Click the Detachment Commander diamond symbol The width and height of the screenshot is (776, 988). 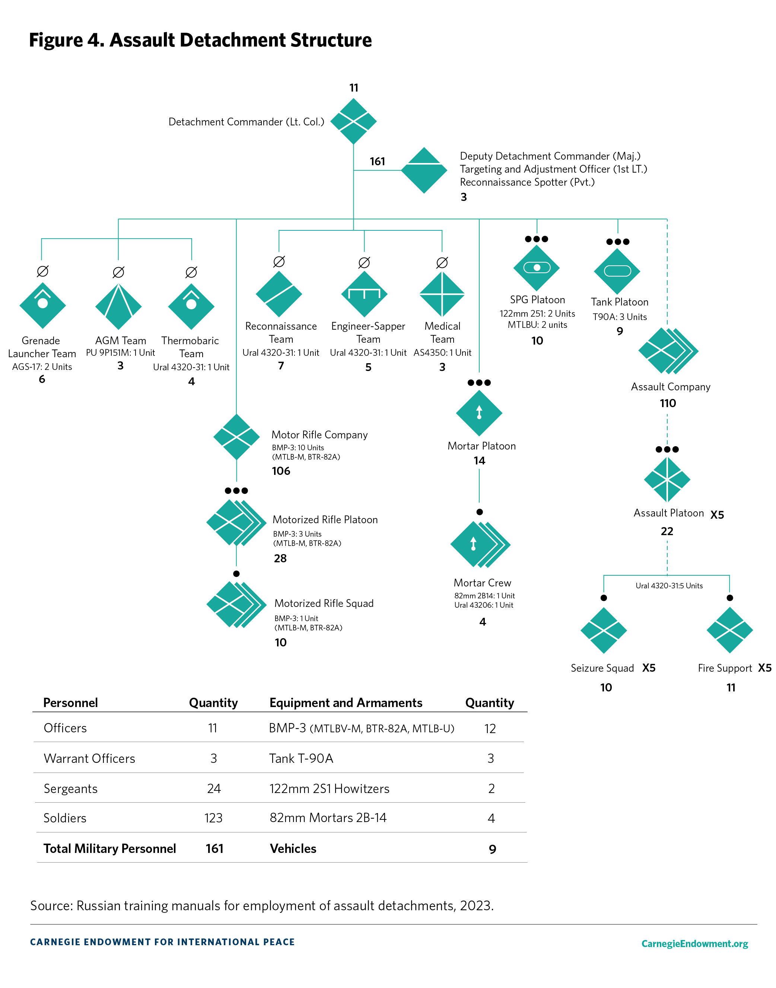pos(353,122)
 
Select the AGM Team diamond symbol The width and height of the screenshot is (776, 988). pos(118,307)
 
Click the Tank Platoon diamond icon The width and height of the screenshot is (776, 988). pos(617,271)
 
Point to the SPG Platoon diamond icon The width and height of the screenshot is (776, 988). pos(537,268)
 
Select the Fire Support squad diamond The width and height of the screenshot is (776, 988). pos(730,630)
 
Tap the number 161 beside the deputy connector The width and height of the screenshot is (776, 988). pos(377,162)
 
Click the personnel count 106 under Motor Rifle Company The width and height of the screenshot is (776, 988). pos(281,471)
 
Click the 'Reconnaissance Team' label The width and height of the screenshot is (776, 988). pos(281,332)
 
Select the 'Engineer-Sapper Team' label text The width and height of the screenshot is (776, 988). pos(368,332)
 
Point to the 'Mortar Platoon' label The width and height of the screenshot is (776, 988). pos(481,446)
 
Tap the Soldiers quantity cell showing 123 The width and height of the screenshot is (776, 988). pos(213,818)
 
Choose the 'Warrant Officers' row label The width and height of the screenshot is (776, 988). pos(89,758)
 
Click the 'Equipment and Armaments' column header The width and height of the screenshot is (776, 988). pos(346,703)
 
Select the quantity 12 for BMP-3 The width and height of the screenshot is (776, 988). pos(490,729)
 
